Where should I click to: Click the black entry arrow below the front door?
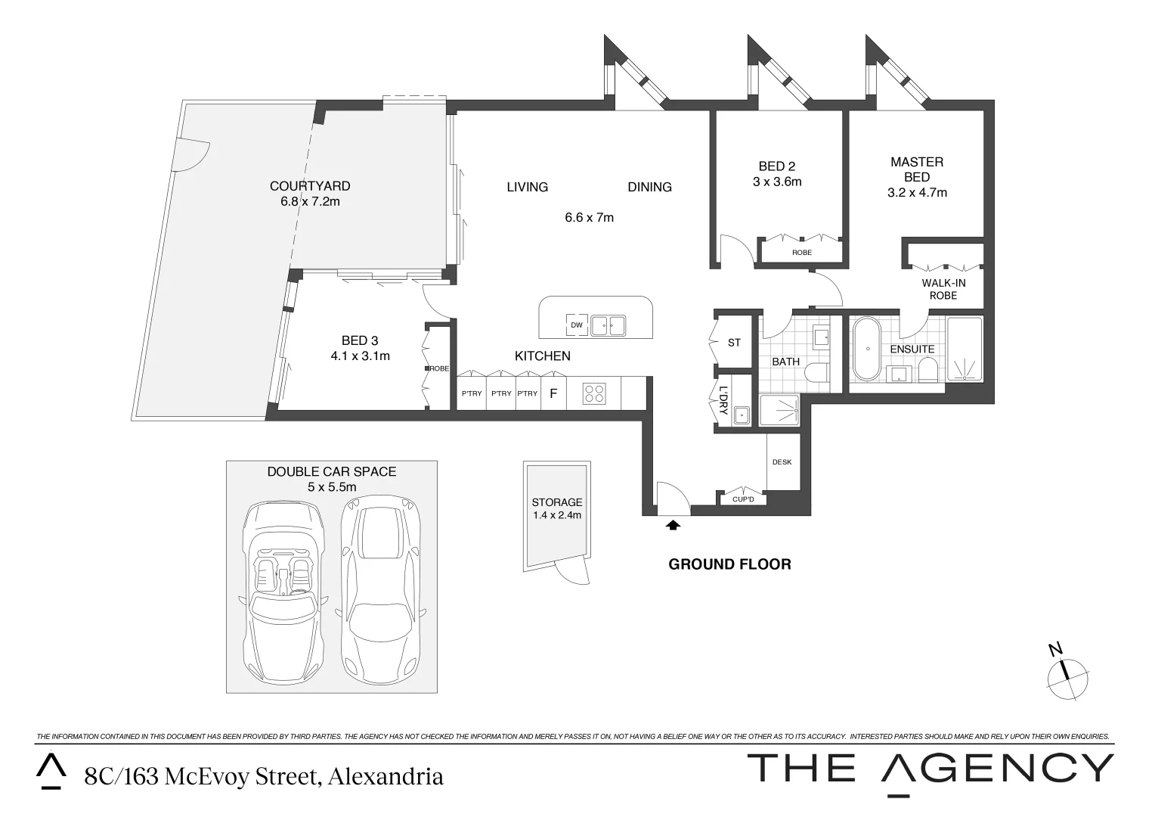[x=673, y=526]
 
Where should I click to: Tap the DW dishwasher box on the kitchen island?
[x=577, y=325]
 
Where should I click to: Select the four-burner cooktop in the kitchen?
[x=594, y=394]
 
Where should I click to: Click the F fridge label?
[x=553, y=394]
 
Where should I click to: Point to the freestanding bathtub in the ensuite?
[x=868, y=349]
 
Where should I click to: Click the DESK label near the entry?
[x=782, y=462]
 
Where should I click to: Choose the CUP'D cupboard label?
[x=743, y=499]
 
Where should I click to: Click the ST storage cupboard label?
[x=734, y=343]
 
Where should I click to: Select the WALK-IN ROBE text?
[x=943, y=289]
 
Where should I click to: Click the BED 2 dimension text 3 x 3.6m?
[x=777, y=182]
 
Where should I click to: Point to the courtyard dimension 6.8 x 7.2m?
[x=310, y=201]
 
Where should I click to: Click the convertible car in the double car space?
[x=283, y=592]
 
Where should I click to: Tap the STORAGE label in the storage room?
[x=557, y=502]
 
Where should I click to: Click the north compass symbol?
[x=1067, y=677]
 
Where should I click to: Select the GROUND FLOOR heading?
[x=729, y=564]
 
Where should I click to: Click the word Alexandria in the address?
[x=386, y=777]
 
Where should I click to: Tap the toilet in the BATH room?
[x=817, y=373]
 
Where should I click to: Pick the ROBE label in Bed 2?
[x=802, y=253]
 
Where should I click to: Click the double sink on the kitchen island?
[x=608, y=325]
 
